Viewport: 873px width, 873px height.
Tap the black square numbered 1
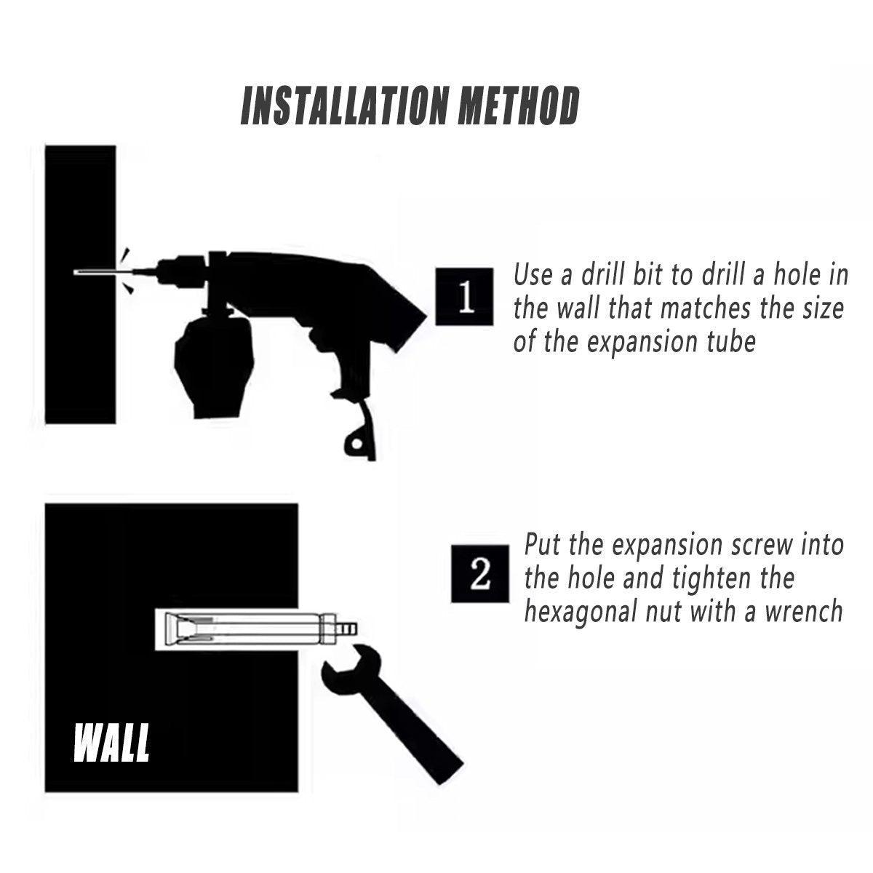click(x=464, y=296)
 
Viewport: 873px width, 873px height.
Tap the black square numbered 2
click(x=480, y=573)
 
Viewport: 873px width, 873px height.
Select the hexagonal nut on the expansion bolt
click(x=328, y=629)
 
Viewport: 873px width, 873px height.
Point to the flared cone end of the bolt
click(x=172, y=629)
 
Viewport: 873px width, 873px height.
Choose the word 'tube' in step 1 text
click(x=731, y=341)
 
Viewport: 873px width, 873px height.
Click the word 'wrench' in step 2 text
click(x=802, y=611)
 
